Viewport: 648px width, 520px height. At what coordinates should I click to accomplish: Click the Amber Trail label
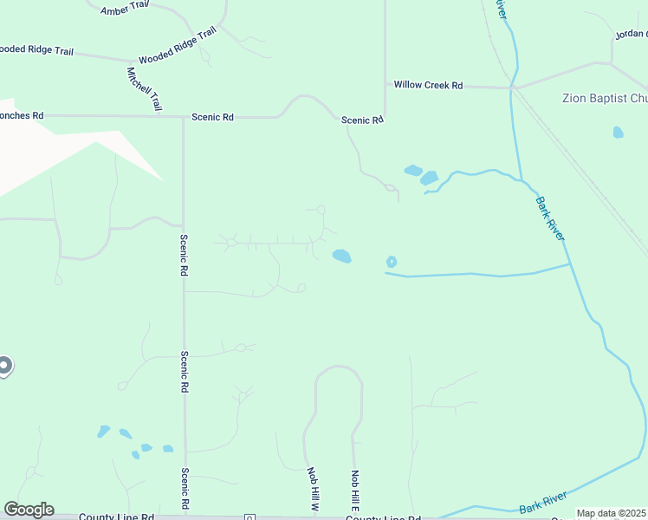pos(126,10)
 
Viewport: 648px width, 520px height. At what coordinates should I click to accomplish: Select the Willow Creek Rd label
pos(428,85)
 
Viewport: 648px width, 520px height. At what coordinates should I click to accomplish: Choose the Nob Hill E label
pos(354,490)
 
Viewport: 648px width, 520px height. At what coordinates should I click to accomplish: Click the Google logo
pos(29,510)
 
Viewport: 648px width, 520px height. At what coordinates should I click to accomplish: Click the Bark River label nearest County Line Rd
pos(543,502)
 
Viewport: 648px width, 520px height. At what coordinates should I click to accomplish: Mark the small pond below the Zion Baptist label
pos(618,133)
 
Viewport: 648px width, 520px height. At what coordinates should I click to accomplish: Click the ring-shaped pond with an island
pos(392,261)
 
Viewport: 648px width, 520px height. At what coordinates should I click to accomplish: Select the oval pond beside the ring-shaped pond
pos(342,256)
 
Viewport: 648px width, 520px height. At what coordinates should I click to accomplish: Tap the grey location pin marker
pos(3,367)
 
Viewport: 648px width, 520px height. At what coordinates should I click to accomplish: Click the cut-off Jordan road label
pos(631,35)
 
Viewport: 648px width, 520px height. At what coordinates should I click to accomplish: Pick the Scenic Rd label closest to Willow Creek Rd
pos(361,120)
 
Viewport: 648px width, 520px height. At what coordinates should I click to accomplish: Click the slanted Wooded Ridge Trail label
pos(177,46)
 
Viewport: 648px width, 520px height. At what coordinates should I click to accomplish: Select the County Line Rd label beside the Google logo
pos(115,517)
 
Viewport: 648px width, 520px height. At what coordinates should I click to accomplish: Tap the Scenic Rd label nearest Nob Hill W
pos(185,489)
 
